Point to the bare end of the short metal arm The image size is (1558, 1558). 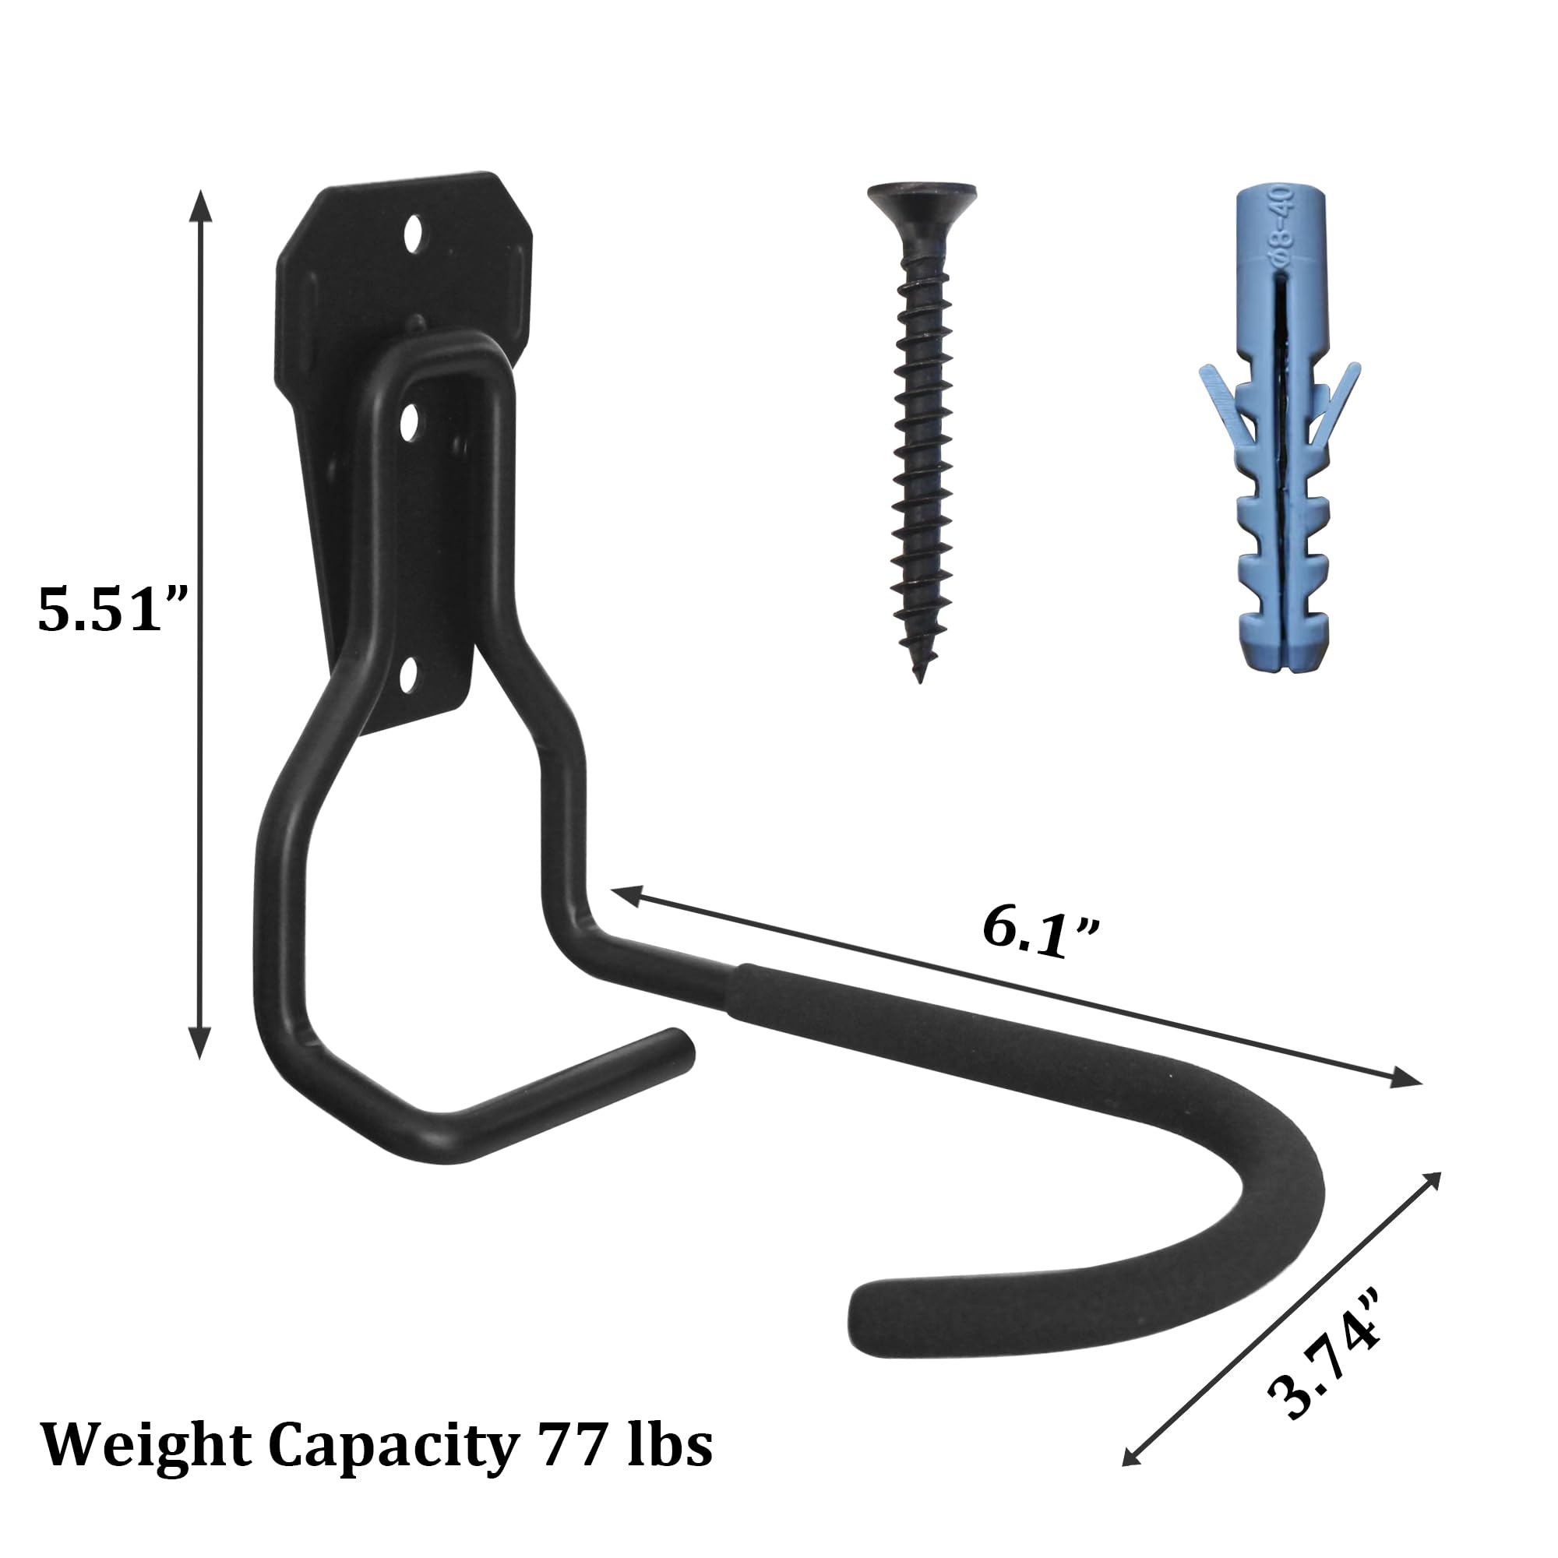[679, 1046]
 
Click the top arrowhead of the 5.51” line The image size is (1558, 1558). [200, 204]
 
